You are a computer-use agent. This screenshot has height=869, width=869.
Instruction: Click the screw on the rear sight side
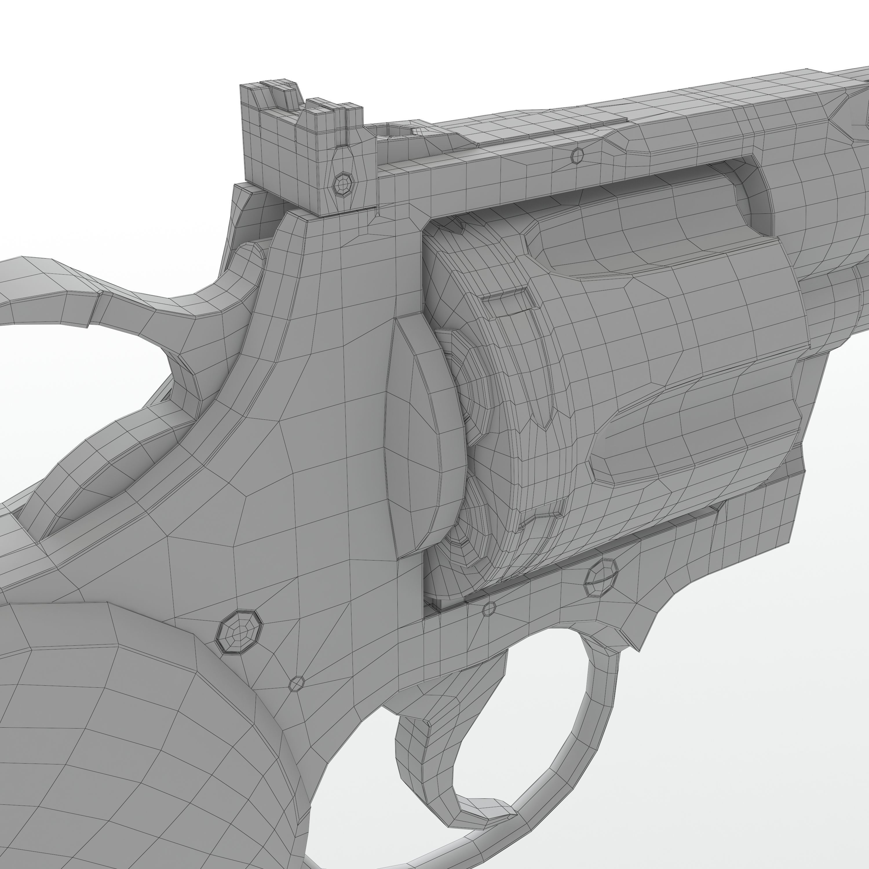click(x=344, y=184)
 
